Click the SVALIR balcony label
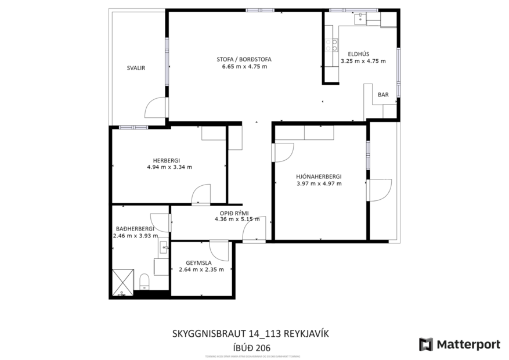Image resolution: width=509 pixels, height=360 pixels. (136, 68)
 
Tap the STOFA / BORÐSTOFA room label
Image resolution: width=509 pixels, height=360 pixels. (244, 59)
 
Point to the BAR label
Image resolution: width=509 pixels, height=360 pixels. (383, 95)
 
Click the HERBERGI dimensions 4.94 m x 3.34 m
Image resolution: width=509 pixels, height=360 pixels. (169, 167)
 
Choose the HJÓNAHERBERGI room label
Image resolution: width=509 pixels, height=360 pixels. (319, 177)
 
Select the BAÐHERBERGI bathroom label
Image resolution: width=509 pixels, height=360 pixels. (134, 229)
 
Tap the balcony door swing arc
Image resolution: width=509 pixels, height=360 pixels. (154, 108)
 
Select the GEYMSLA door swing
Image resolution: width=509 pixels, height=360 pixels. (220, 251)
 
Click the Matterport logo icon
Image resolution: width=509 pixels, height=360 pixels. (426, 344)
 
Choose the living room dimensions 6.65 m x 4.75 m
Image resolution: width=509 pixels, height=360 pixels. (244, 66)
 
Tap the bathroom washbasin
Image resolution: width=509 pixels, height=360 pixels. (164, 248)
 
